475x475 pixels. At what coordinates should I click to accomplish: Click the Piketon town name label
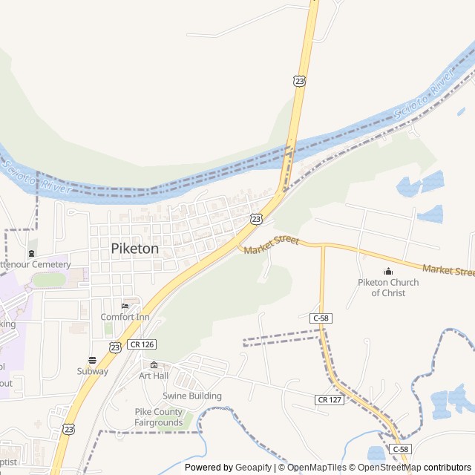pyautogui.click(x=134, y=249)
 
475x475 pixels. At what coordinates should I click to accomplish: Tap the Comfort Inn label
pyautogui.click(x=125, y=317)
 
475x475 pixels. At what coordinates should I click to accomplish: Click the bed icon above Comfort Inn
pyautogui.click(x=125, y=306)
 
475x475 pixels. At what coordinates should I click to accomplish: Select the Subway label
pyautogui.click(x=93, y=371)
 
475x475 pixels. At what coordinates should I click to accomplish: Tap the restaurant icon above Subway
pyautogui.click(x=92, y=360)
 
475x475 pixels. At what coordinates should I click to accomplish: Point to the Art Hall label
pyautogui.click(x=154, y=376)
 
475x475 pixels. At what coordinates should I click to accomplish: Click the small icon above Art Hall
pyautogui.click(x=154, y=364)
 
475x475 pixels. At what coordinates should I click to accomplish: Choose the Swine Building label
pyautogui.click(x=192, y=396)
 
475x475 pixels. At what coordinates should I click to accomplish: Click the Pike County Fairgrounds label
pyautogui.click(x=158, y=417)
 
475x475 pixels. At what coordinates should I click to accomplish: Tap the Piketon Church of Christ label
pyautogui.click(x=388, y=287)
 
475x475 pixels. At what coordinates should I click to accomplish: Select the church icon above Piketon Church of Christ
pyautogui.click(x=387, y=271)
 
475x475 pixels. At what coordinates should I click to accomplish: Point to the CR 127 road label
pyautogui.click(x=329, y=399)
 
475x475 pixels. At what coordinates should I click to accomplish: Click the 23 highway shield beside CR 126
pyautogui.click(x=115, y=347)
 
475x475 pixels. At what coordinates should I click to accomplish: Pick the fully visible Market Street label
pyautogui.click(x=271, y=243)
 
